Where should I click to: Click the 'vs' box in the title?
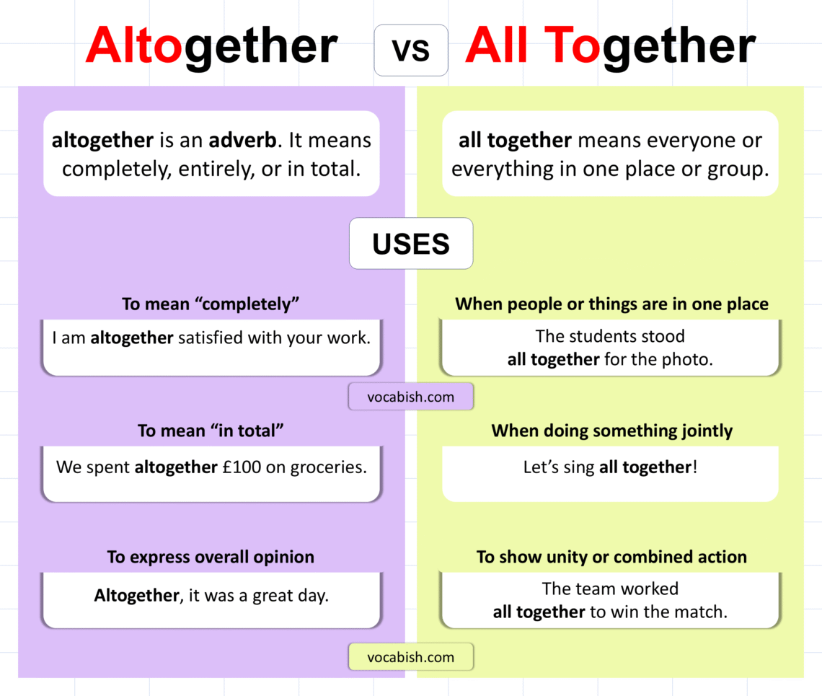411,50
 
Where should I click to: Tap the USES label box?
411,244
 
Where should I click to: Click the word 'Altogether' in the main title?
211,47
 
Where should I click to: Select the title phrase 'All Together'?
610,47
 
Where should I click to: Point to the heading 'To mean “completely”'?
211,304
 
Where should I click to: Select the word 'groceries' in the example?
328,467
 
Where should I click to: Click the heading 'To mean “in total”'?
211,431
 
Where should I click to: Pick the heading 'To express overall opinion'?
211,558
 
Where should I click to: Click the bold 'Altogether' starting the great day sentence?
136,596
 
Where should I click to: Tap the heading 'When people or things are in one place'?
611,304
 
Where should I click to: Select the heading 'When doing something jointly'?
611,431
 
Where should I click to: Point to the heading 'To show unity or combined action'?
611,558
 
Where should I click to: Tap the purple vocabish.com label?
411,397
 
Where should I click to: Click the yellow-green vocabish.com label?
411,657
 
